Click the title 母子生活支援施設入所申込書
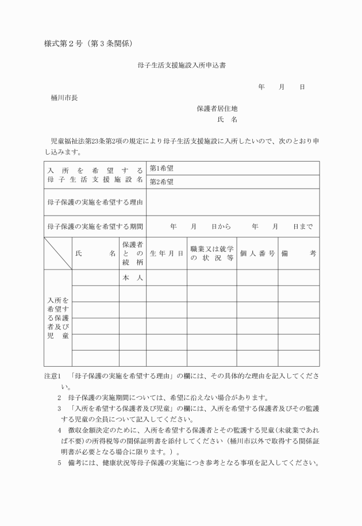181,66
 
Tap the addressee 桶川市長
64,97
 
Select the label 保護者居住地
217,108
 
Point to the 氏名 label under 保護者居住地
227,120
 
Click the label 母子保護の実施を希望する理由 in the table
95,202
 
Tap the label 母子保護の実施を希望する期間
95,226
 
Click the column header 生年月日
166,253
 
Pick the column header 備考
299,253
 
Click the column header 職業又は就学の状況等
211,253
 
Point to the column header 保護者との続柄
132,253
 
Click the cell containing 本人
132,278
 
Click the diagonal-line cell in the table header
57,253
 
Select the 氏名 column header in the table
95,253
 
